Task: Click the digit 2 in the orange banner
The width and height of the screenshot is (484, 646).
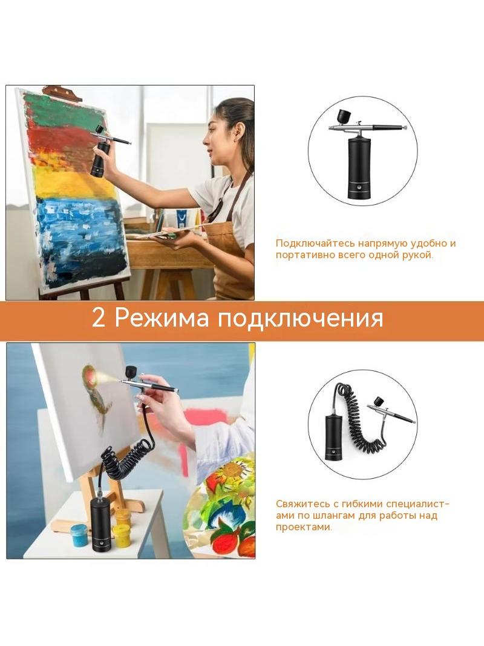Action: pyautogui.click(x=98, y=318)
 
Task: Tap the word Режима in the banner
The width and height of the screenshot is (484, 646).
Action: pyautogui.click(x=162, y=318)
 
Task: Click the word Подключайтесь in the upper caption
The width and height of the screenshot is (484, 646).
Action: pyautogui.click(x=315, y=244)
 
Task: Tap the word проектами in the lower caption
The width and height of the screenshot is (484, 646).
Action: pyautogui.click(x=304, y=527)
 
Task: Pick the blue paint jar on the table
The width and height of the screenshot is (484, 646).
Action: pyautogui.click(x=79, y=534)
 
